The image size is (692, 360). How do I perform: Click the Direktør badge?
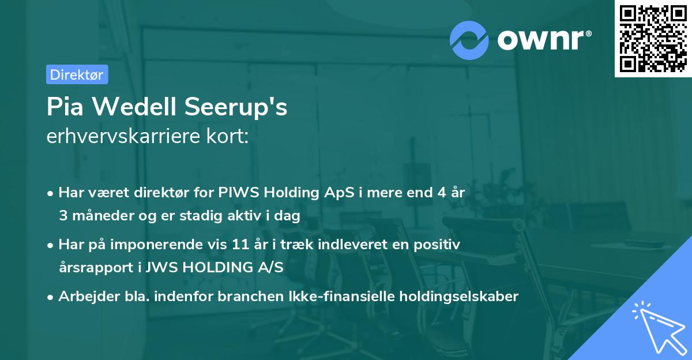pos(77,74)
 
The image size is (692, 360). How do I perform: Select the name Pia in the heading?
pos(65,107)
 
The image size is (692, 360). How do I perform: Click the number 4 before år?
pos(442,193)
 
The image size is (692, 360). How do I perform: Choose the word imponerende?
pos(185,245)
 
